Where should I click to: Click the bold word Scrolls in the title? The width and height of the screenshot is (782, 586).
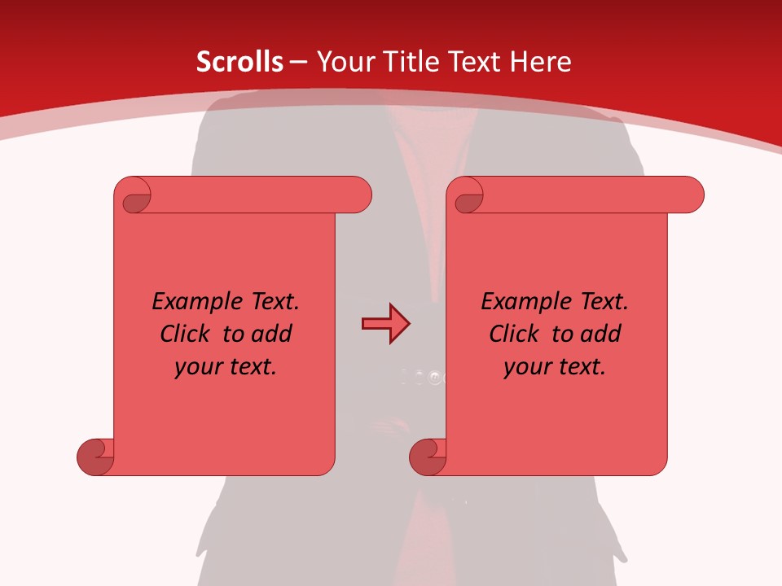(x=239, y=62)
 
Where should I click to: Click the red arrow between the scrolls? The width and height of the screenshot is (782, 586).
(x=385, y=324)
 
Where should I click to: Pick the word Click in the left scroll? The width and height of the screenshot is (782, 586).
(x=188, y=334)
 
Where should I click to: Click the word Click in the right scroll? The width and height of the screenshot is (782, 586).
(x=517, y=334)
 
